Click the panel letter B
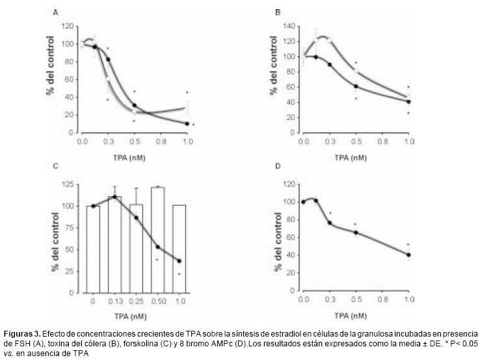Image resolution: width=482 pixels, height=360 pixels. click(278, 12)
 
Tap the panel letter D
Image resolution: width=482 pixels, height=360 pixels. click(278, 166)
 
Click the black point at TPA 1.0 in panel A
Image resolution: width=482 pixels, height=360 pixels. click(187, 123)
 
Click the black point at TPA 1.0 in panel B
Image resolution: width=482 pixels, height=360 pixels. click(409, 101)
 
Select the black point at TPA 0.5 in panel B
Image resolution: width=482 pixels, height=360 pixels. click(356, 86)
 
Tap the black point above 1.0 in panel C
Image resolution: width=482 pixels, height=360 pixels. click(179, 261)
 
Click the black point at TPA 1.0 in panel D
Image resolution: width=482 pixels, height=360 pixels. click(409, 255)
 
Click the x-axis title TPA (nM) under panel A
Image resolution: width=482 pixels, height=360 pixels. click(135, 157)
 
